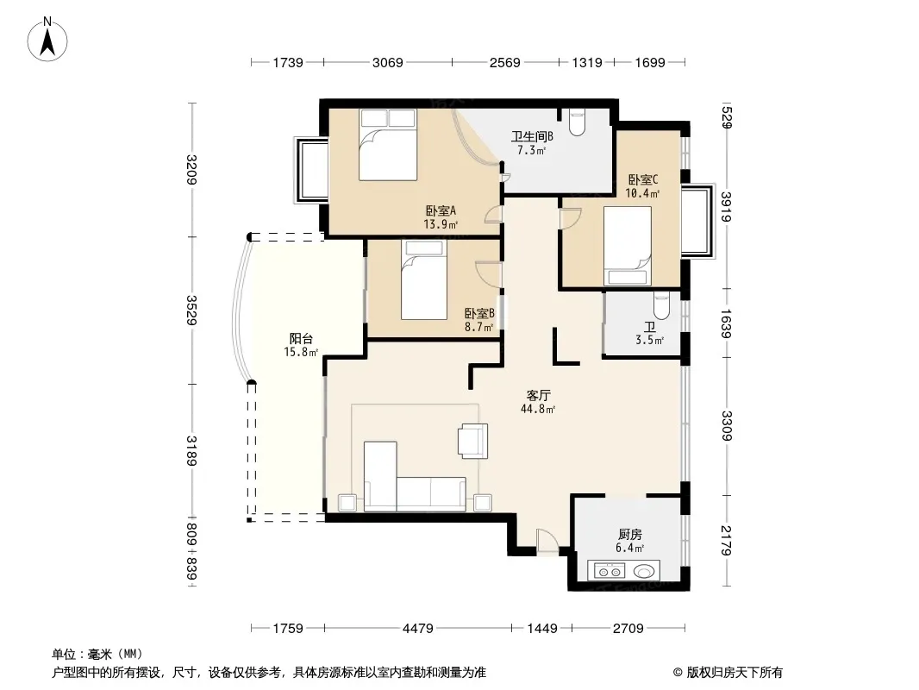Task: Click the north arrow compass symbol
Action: (47, 40)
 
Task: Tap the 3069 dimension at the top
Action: (387, 62)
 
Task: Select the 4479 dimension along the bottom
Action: (418, 629)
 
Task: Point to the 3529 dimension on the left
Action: (191, 310)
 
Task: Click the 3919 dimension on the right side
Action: (727, 207)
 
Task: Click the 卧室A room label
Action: (441, 210)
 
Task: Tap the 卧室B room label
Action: (479, 314)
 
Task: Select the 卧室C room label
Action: (643, 179)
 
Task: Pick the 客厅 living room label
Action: (538, 396)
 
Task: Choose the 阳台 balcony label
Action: (301, 339)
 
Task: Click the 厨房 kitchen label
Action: (630, 534)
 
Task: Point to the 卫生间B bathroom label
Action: (532, 136)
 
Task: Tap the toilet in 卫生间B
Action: (577, 122)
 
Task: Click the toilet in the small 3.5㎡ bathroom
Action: (661, 305)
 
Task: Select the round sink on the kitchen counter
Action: (643, 570)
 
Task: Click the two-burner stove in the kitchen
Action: (609, 570)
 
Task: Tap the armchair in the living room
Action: (472, 441)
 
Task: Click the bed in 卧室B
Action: (424, 279)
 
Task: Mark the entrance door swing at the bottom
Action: (547, 541)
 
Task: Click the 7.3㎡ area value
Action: (531, 151)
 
